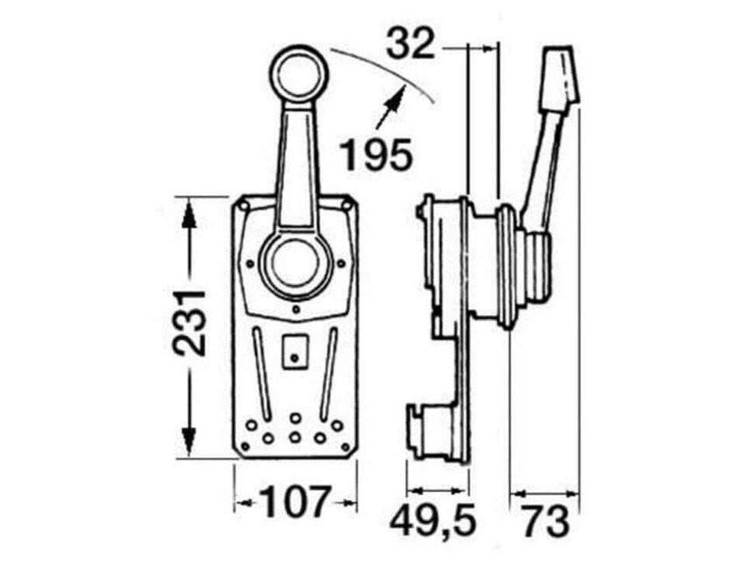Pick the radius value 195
tap(374, 155)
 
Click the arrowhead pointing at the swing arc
tap(395, 95)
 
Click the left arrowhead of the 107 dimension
tap(242, 503)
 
